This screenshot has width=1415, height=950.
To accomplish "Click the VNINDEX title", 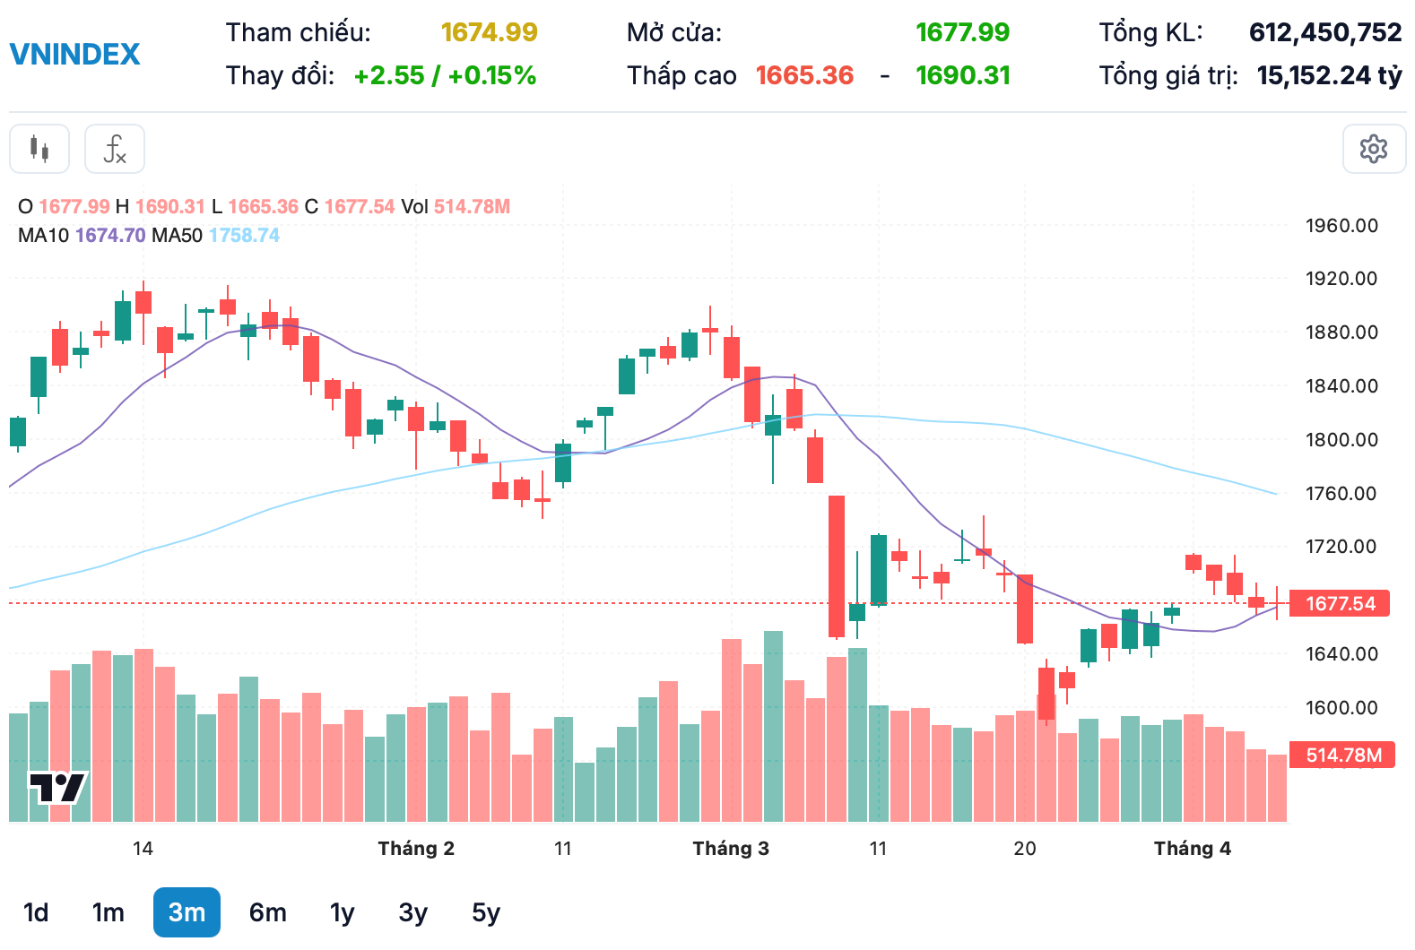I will (x=75, y=54).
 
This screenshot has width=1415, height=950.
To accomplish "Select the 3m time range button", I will (x=187, y=912).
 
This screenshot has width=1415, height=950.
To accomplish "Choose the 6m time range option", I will (x=267, y=912).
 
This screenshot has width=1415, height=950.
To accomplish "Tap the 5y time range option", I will (x=485, y=912).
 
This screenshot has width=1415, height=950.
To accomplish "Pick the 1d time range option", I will (x=36, y=912).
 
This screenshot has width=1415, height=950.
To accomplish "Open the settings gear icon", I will (x=1373, y=149).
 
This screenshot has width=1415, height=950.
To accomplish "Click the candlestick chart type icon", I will (x=39, y=149).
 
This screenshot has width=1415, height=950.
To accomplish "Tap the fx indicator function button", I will (x=115, y=149).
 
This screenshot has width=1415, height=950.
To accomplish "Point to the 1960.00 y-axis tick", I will (x=1341, y=226).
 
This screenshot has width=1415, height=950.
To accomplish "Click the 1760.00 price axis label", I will (x=1341, y=493).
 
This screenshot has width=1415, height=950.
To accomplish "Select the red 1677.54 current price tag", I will (x=1339, y=603).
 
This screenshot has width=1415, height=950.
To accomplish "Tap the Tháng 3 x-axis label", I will (x=731, y=848).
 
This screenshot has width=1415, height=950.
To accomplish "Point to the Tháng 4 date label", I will (x=1192, y=848).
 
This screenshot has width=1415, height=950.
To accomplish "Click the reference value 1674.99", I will (x=489, y=32).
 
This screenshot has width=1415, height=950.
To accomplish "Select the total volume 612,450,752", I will (x=1324, y=32).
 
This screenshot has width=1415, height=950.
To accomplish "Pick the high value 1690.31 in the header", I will (x=962, y=75).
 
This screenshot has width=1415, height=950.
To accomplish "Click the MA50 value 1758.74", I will (x=244, y=235).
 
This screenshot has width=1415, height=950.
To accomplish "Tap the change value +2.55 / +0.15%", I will (x=445, y=75).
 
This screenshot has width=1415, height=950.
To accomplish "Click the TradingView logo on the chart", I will (x=57, y=788).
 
